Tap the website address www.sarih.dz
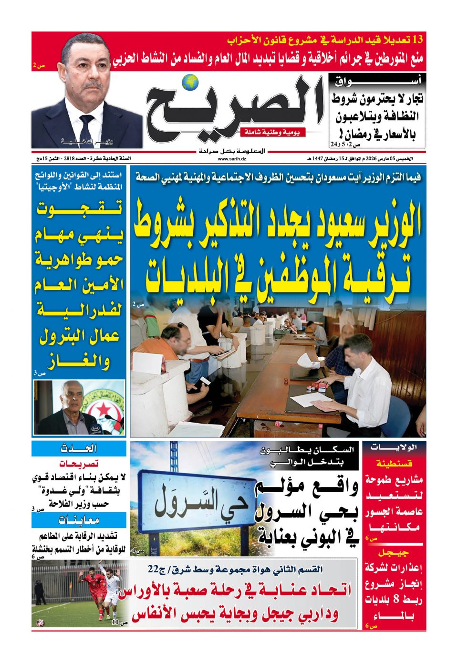[x=232, y=158]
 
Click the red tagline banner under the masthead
[x=273, y=132]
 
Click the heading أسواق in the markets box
[x=377, y=82]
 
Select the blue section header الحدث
[x=79, y=448]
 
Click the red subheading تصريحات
[x=79, y=463]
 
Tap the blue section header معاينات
[x=79, y=520]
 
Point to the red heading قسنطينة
[x=394, y=463]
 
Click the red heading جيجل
[x=394, y=552]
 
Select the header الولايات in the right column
[x=394, y=447]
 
